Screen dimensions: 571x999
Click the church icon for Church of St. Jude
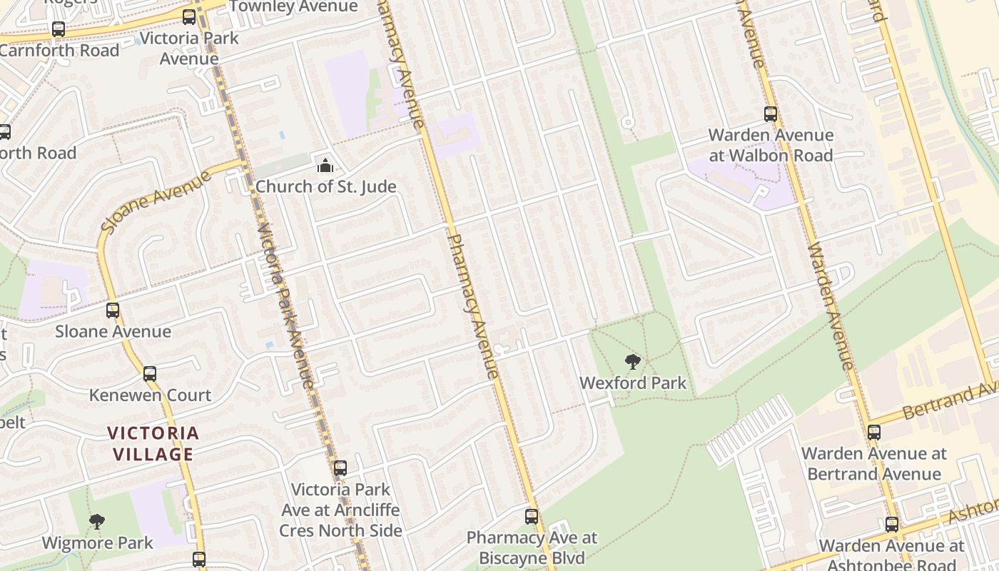(x=325, y=166)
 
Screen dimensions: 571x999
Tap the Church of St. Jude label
(x=325, y=187)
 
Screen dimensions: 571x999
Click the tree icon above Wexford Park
(x=632, y=362)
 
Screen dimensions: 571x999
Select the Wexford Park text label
(x=633, y=383)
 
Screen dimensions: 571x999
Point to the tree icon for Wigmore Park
(x=97, y=522)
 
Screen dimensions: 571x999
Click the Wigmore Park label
(x=97, y=543)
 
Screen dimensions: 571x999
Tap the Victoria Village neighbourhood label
(x=153, y=443)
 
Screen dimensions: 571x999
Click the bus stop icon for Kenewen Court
(x=150, y=374)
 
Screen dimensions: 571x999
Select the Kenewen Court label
(x=150, y=395)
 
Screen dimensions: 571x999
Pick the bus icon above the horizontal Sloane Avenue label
(x=113, y=310)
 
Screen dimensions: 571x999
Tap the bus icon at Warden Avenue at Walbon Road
(x=771, y=114)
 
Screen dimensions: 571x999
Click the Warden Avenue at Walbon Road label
(x=771, y=145)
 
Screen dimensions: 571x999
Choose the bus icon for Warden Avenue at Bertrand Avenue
(x=874, y=432)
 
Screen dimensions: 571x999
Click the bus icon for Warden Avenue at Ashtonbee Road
(x=892, y=525)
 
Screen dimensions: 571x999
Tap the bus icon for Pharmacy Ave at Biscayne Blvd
(x=532, y=517)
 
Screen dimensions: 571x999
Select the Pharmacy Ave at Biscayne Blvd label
(x=532, y=547)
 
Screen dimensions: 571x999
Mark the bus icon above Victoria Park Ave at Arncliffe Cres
(x=340, y=468)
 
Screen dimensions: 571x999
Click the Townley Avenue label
(x=293, y=6)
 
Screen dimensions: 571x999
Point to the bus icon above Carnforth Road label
(x=59, y=30)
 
